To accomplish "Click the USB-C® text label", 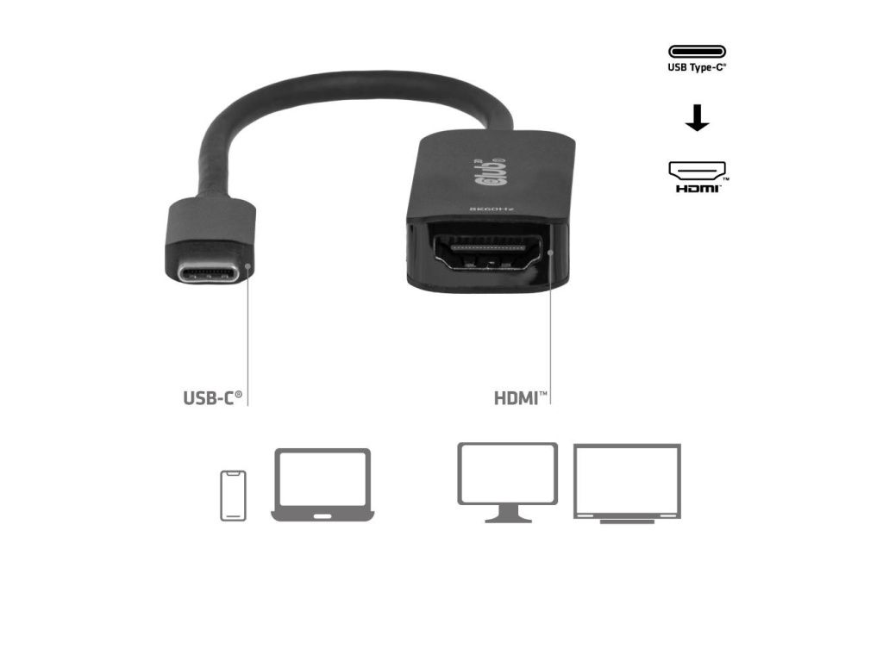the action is [x=212, y=398].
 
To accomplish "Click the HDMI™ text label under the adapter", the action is [x=520, y=398].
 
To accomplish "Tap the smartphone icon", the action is [x=233, y=495].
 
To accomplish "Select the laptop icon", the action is [x=323, y=484].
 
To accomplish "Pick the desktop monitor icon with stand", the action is [x=507, y=481].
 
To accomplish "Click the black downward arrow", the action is [x=697, y=117].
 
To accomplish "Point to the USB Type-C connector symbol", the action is [x=697, y=52].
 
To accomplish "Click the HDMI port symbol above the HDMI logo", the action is [x=697, y=169].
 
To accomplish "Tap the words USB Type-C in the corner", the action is [x=697, y=67].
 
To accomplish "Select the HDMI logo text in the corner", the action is [x=697, y=187].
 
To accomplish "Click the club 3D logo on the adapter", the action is [x=488, y=171].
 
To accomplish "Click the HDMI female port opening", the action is [x=492, y=252].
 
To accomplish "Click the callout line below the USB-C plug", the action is [x=248, y=336].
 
